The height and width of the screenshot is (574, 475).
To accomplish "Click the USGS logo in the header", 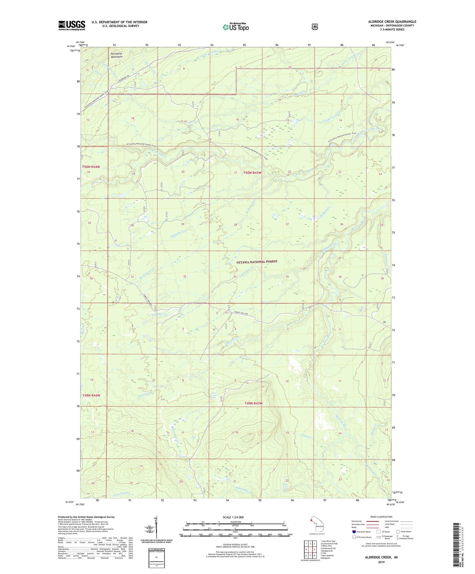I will [x=72, y=25].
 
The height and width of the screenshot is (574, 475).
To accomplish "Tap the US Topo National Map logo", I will [x=235, y=27].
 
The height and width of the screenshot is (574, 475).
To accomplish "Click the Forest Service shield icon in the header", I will [x=315, y=27].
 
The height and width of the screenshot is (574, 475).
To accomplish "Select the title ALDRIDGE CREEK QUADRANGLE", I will [x=392, y=22].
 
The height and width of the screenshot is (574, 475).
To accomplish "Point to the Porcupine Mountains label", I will [x=116, y=55].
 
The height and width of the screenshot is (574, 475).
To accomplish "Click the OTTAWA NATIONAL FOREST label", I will [x=257, y=262].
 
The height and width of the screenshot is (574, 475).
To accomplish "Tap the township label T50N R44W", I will [x=91, y=167].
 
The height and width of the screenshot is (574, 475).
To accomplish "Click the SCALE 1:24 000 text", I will [x=233, y=517].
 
